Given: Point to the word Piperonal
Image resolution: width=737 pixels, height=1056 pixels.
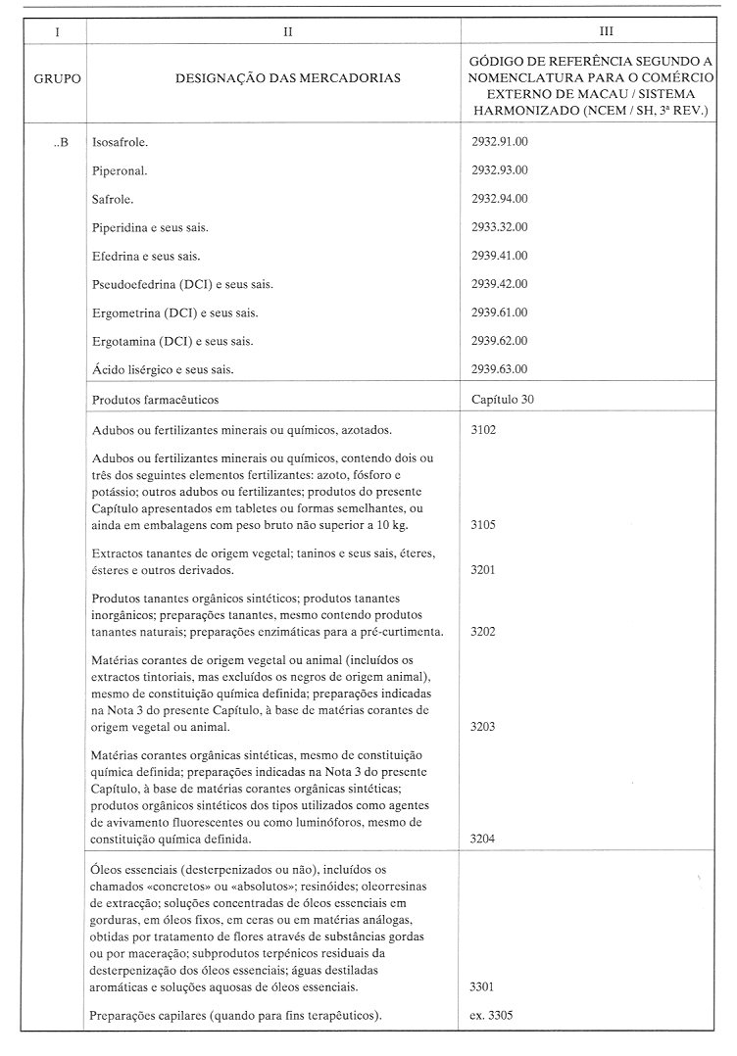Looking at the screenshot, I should click(x=120, y=170).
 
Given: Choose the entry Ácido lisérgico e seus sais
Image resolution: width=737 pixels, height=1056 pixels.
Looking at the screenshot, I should click(x=162, y=369).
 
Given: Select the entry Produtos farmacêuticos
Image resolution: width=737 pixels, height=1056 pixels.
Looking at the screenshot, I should click(x=155, y=400).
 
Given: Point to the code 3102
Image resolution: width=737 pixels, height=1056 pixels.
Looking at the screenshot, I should click(x=483, y=430).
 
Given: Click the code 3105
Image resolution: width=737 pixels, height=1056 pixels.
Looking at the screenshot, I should click(x=483, y=525).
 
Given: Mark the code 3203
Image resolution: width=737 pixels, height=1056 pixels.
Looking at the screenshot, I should click(x=483, y=727).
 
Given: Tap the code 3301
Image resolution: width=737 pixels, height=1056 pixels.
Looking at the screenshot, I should click(x=483, y=986).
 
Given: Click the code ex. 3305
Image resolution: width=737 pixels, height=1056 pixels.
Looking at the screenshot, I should click(x=491, y=1016).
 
